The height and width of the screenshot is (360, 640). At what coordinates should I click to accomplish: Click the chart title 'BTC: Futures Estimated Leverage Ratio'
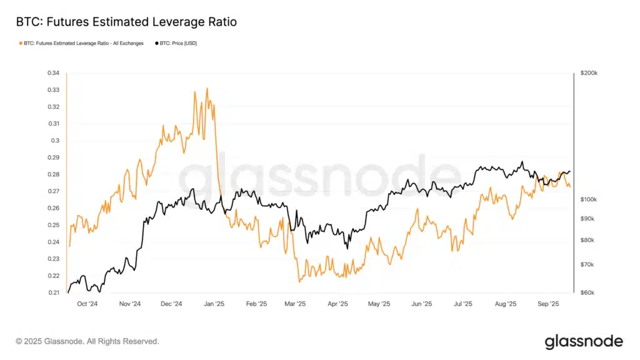point(126,22)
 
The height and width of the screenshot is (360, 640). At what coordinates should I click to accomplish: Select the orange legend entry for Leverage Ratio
point(82,43)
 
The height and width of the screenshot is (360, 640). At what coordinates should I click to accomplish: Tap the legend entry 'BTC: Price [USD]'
point(176,43)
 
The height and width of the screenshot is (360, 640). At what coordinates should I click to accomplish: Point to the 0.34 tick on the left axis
point(53,73)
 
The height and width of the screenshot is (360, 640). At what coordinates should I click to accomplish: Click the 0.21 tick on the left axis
point(53,292)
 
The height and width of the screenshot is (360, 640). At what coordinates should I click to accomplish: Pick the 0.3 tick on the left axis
point(55,141)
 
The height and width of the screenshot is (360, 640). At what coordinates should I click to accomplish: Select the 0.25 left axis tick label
point(53,225)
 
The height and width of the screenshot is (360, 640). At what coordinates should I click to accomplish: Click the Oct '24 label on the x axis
point(87,304)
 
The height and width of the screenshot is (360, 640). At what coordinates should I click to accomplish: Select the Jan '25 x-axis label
point(214,304)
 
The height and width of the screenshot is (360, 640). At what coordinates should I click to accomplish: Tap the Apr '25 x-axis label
point(337,304)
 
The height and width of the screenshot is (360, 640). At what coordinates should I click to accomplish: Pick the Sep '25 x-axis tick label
point(548,304)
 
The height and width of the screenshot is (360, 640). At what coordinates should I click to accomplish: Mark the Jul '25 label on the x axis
point(462,304)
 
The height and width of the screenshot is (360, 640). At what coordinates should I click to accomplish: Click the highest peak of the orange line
point(207,89)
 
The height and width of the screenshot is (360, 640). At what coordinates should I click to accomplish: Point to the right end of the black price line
point(570,172)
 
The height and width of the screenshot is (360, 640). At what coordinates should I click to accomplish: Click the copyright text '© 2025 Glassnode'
point(87,341)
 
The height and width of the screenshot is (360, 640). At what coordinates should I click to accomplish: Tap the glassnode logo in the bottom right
point(583,341)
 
